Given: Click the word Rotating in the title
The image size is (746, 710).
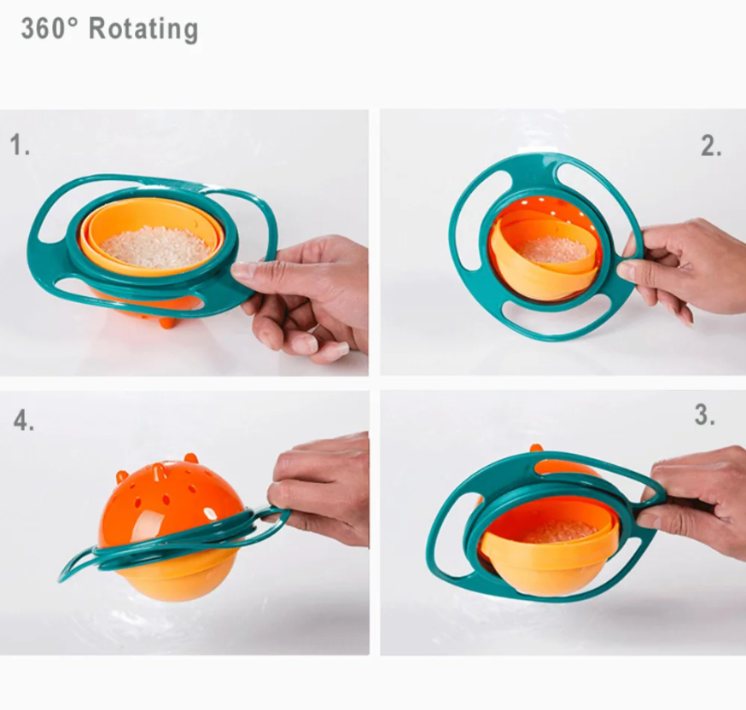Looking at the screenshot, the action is (x=143, y=29).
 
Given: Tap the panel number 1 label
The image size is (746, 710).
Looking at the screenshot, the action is (x=20, y=144).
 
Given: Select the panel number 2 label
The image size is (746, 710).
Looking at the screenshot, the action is (x=711, y=146).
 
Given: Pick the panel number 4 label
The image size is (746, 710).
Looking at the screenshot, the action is (x=24, y=420).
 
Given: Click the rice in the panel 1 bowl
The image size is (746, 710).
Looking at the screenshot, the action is (x=154, y=248).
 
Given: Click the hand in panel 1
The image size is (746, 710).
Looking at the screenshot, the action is (x=305, y=295).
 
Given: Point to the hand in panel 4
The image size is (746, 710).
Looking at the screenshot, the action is (x=318, y=485).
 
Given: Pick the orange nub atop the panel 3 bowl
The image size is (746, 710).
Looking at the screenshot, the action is (x=537, y=449).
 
